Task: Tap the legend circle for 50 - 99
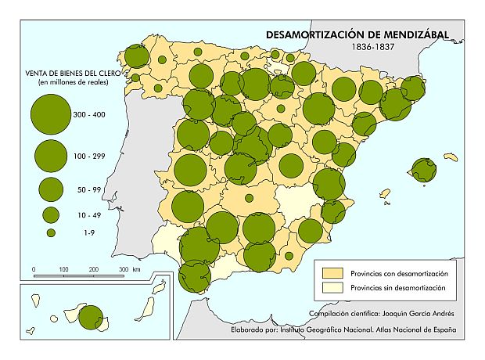51,189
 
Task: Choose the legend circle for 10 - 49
51,214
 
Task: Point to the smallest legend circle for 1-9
51,232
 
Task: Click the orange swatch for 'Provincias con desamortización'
333,273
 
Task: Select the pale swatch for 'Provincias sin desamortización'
333,288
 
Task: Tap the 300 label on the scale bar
124,269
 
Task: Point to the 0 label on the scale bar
34,269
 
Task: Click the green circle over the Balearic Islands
426,170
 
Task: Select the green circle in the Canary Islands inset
90,318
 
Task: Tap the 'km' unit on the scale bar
137,269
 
